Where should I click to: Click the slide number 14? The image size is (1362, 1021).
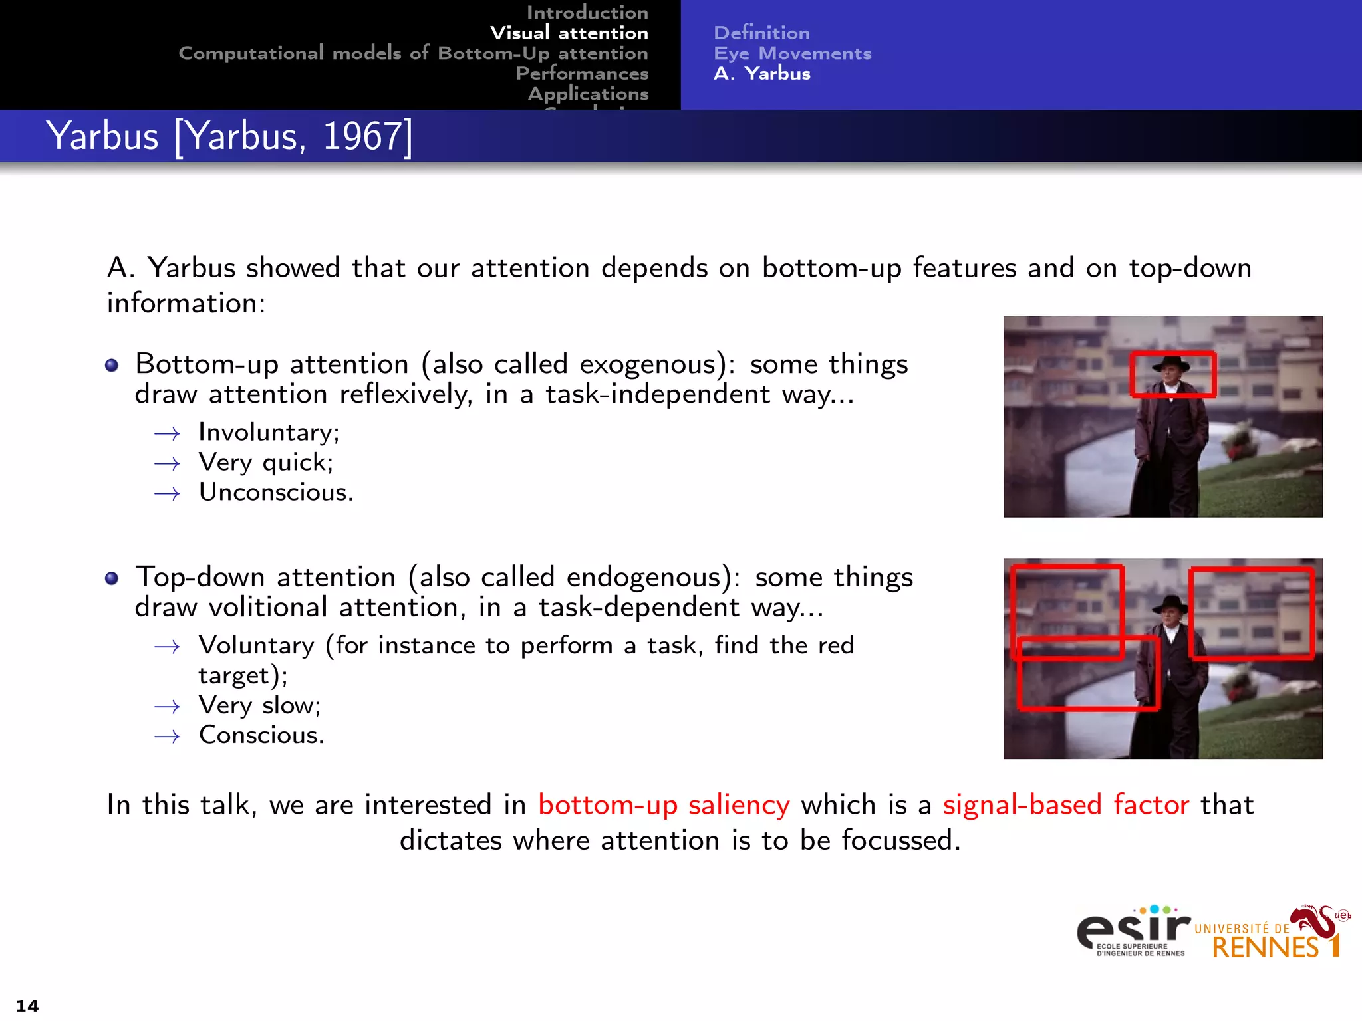pos(27,1005)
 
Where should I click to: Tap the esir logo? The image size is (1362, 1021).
pos(1133,931)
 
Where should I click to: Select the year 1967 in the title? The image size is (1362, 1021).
pos(362,136)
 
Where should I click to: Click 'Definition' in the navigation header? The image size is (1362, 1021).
pos(761,33)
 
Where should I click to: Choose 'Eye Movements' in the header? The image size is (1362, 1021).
pos(792,53)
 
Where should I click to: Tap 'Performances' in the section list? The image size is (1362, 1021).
pos(582,73)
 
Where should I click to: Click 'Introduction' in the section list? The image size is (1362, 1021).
pos(587,12)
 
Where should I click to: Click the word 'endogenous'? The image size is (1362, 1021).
pos(644,577)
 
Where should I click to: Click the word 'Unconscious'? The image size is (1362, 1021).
pos(274,493)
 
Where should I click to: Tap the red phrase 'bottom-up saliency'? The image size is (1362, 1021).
pos(664,805)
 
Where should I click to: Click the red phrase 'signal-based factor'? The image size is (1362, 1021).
pos(1065,805)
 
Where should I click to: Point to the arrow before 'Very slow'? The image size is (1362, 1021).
pos(167,707)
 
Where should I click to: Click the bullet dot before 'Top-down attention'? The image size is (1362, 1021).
pos(112,578)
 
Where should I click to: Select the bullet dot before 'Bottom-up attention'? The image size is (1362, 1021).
pos(112,366)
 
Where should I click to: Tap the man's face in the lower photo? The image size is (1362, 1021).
pos(1170,615)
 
